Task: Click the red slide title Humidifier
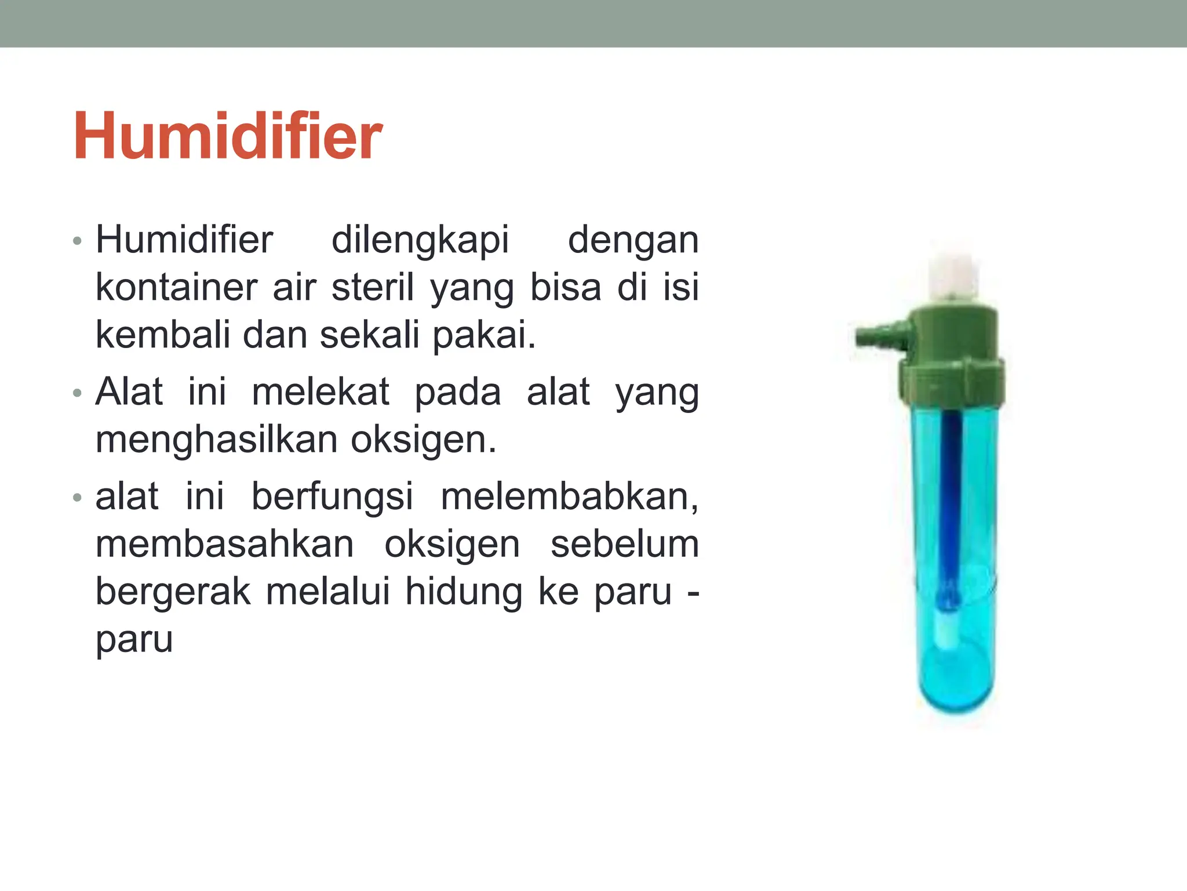click(227, 137)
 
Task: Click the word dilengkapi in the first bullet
click(420, 240)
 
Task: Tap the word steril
click(372, 288)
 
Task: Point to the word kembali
click(162, 335)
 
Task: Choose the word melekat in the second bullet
click(321, 392)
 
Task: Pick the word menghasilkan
click(216, 440)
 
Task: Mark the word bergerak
click(173, 593)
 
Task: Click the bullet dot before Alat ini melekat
click(78, 394)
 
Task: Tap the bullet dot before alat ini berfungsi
click(78, 498)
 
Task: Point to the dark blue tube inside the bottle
click(951, 493)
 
